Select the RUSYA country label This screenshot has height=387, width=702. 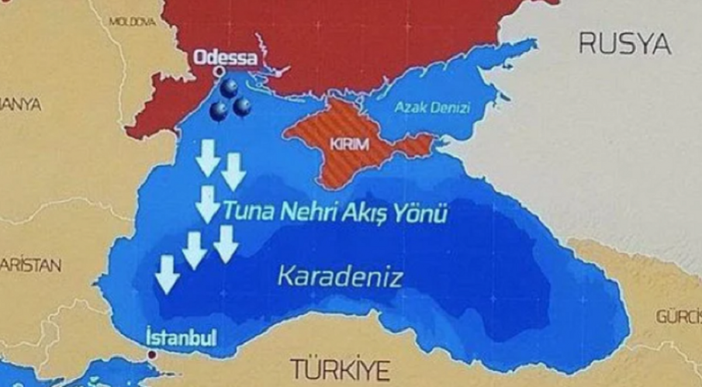click(624, 45)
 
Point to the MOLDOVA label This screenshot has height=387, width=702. click(133, 22)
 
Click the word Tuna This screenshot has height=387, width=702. click(246, 210)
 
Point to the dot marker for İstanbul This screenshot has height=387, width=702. click(153, 354)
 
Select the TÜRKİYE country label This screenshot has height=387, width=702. click(338, 370)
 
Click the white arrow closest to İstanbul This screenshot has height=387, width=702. click(165, 274)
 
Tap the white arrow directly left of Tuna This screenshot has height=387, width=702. click(207, 204)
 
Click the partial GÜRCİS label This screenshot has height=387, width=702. click(678, 316)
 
